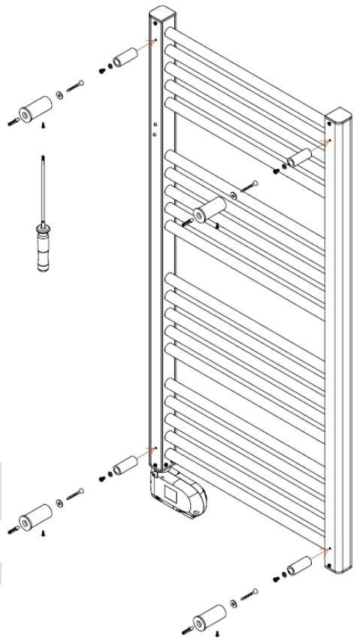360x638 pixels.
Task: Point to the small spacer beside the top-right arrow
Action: click(x=301, y=159)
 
